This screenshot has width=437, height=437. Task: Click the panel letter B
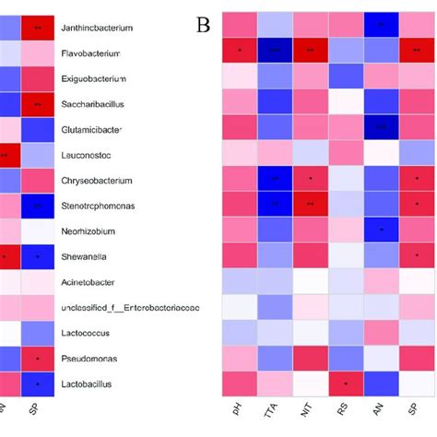pos(204,25)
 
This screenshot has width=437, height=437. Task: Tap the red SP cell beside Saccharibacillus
pos(37,104)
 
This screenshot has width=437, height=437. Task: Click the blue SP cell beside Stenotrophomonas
pos(37,206)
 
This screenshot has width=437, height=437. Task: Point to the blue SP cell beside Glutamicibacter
pos(37,130)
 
